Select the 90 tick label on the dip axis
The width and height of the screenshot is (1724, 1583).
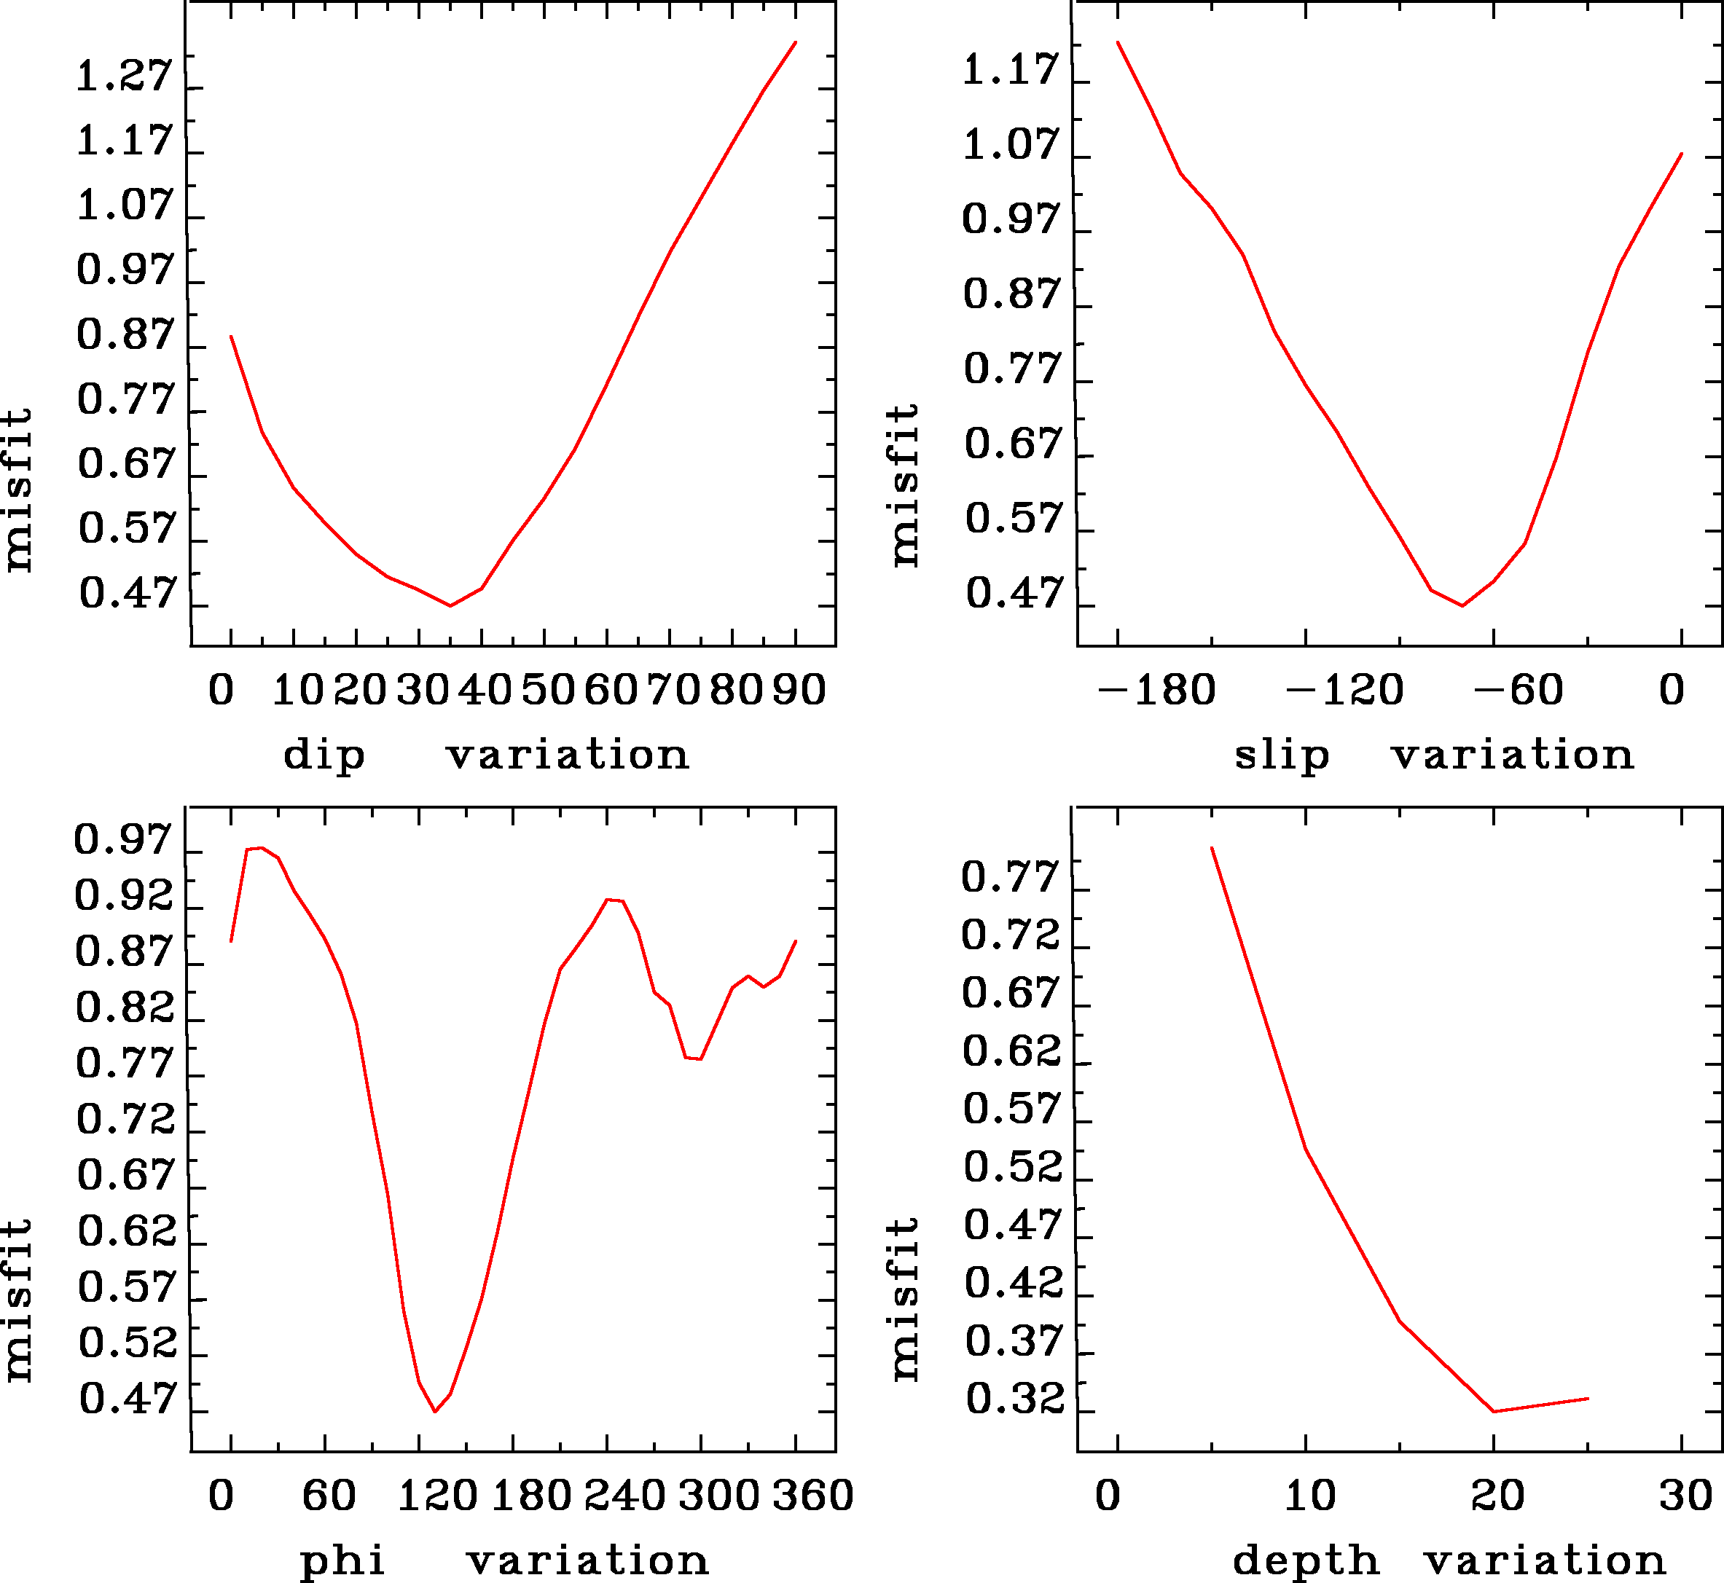coord(799,691)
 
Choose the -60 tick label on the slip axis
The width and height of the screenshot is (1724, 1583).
coord(1519,691)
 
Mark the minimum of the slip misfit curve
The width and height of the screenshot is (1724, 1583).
coord(1462,605)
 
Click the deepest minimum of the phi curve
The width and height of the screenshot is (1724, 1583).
coord(435,1412)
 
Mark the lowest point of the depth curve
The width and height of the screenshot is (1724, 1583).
coord(1494,1412)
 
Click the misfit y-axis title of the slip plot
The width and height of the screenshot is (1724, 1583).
coord(905,485)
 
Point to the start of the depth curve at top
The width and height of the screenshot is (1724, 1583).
coord(1212,848)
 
